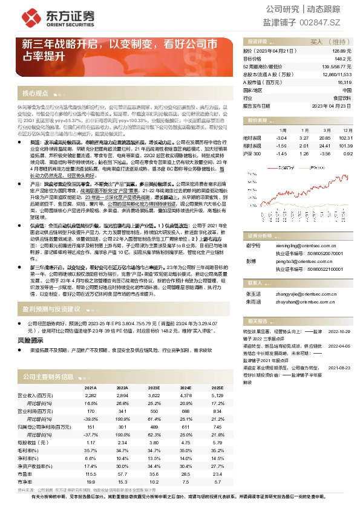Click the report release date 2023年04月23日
(x=332, y=105)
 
